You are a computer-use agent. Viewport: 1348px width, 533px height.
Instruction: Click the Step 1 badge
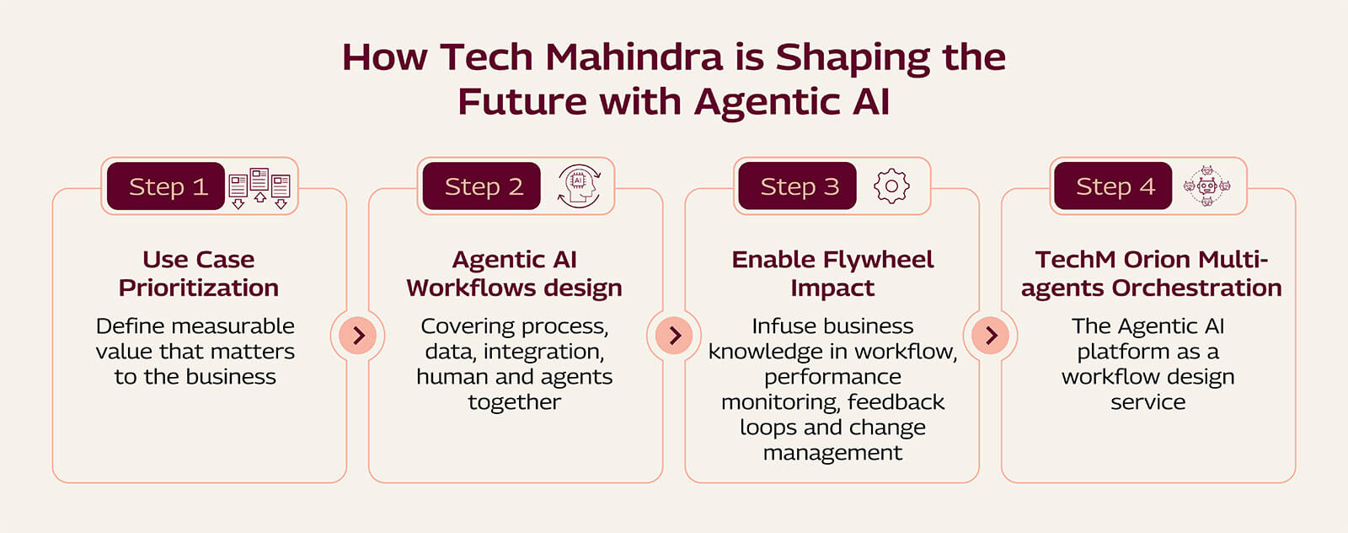[166, 186]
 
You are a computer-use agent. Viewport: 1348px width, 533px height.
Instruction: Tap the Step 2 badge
[482, 186]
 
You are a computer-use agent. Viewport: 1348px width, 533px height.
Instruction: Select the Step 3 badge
[798, 186]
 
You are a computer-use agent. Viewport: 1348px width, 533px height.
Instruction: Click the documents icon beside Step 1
[259, 187]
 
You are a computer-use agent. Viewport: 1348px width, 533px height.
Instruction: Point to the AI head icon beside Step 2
[579, 186]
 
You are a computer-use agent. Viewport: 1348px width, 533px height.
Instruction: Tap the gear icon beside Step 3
[891, 186]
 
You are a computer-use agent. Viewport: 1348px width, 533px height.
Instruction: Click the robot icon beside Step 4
[1206, 186]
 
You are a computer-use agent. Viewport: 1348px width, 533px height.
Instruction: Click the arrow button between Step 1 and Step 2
[358, 336]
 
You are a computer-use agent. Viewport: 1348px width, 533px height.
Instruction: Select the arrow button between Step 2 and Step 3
[674, 336]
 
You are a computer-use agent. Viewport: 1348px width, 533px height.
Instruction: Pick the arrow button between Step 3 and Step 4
[991, 336]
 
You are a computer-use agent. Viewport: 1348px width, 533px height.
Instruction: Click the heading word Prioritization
[199, 288]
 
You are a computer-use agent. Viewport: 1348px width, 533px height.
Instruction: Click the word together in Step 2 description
[514, 402]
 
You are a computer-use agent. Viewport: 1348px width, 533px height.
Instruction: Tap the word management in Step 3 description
[832, 453]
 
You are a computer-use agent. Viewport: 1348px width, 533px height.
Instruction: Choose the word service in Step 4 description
[1147, 402]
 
